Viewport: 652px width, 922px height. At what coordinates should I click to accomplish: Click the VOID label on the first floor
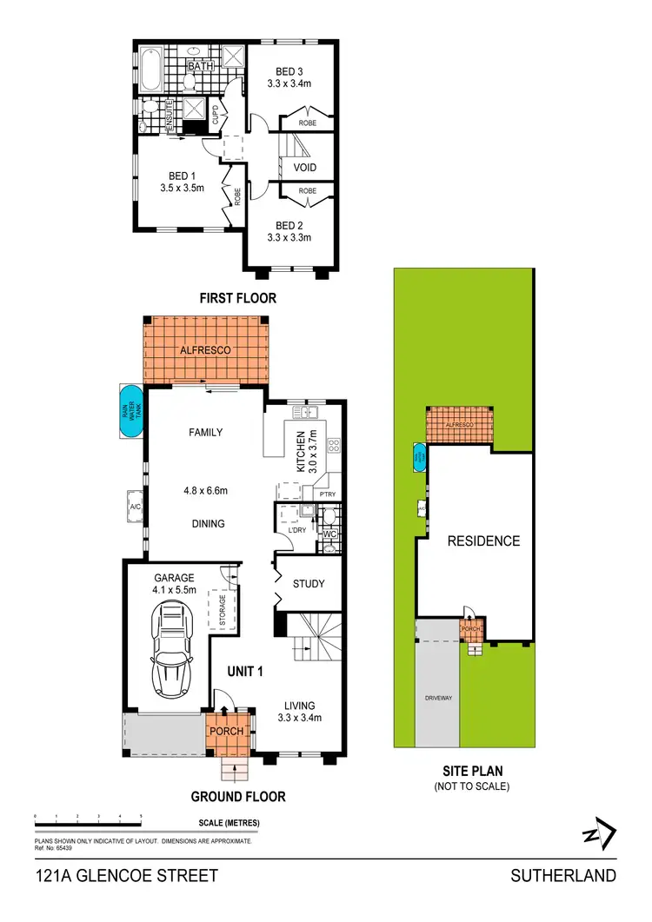pyautogui.click(x=305, y=168)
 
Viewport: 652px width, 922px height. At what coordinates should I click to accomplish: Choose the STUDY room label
pyautogui.click(x=309, y=584)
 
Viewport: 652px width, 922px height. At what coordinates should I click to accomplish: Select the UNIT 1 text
pyautogui.click(x=245, y=671)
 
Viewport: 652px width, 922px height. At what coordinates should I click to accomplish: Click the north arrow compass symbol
pyautogui.click(x=599, y=835)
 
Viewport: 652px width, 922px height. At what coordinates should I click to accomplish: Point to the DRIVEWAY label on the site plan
pyautogui.click(x=437, y=698)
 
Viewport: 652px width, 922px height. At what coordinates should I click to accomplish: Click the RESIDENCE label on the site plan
pyautogui.click(x=483, y=541)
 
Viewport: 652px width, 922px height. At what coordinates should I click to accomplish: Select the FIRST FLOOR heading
pyautogui.click(x=237, y=298)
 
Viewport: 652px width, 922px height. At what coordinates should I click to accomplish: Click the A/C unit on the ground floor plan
pyautogui.click(x=135, y=507)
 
